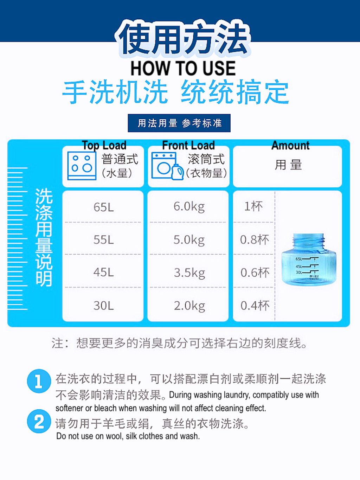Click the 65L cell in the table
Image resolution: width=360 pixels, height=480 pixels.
pyautogui.click(x=104, y=207)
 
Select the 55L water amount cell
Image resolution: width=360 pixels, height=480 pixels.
pyautogui.click(x=104, y=239)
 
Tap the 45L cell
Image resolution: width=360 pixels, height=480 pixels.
pyautogui.click(x=104, y=272)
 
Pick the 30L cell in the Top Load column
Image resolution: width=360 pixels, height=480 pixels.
pyautogui.click(x=104, y=305)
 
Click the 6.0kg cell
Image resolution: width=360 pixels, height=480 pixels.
pyautogui.click(x=189, y=206)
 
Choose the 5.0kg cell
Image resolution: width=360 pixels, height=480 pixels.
pyautogui.click(x=189, y=239)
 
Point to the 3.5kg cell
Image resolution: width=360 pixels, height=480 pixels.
pyautogui.click(x=189, y=273)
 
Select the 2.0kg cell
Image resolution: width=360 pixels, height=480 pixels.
pyautogui.click(x=189, y=306)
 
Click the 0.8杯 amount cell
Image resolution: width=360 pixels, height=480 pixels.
pyautogui.click(x=254, y=239)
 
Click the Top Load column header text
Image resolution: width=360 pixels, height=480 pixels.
pyautogui.click(x=104, y=145)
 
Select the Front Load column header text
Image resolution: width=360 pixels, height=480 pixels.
pyautogui.click(x=188, y=145)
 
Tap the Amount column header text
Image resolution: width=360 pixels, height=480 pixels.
pyautogui.click(x=290, y=145)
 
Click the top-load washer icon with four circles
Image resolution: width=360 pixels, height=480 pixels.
pyautogui.click(x=82, y=166)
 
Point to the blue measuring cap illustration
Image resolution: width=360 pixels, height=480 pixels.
pyautogui.click(x=309, y=259)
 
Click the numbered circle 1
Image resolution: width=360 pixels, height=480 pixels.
pyautogui.click(x=39, y=381)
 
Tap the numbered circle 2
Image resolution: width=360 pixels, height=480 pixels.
pyautogui.click(x=39, y=421)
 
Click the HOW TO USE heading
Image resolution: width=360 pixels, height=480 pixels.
pyautogui.click(x=183, y=68)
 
